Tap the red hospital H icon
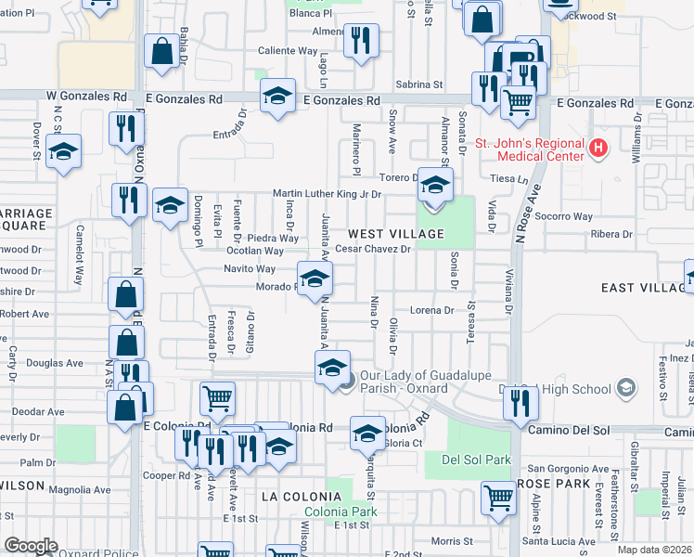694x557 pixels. pos(598,147)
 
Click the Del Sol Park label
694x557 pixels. pos(477,460)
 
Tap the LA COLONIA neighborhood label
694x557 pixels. pos(296,498)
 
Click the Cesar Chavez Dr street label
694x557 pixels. pos(373,249)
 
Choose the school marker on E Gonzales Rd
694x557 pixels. pos(276,97)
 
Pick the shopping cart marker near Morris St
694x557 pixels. pos(499,498)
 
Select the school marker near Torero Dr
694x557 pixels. pos(434,185)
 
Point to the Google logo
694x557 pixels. pos(31,546)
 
